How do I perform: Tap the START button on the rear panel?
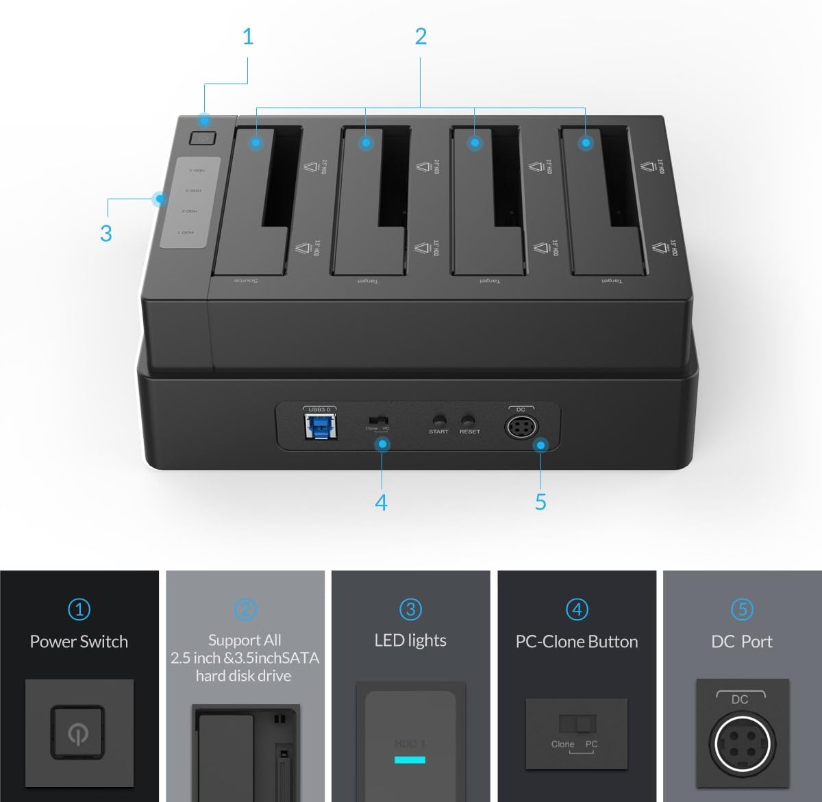click(439, 420)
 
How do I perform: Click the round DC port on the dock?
click(521, 427)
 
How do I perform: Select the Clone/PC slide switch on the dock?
click(377, 418)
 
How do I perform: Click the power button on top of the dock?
click(203, 138)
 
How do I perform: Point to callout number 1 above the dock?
click(248, 36)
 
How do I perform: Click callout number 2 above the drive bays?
click(421, 36)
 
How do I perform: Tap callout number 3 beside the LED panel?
click(105, 233)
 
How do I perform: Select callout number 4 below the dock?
click(382, 503)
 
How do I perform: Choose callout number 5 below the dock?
click(540, 503)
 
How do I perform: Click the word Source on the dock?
click(246, 281)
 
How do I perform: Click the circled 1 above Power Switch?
click(79, 609)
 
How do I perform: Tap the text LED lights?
click(410, 640)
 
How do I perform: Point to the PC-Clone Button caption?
click(577, 642)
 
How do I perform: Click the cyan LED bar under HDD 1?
click(410, 760)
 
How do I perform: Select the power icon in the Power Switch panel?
click(77, 734)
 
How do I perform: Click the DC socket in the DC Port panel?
click(742, 742)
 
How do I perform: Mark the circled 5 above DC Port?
click(742, 609)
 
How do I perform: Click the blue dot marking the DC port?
click(541, 445)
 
